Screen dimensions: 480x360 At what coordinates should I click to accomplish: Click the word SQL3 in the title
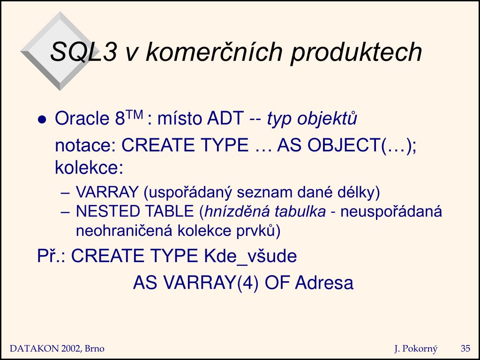(83, 52)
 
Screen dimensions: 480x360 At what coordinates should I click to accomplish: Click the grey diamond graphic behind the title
(60, 51)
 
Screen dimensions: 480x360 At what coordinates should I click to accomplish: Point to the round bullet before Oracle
(42, 119)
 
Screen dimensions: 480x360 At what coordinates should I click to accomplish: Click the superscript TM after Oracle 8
(134, 115)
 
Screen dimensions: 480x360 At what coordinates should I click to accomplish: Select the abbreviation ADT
(225, 118)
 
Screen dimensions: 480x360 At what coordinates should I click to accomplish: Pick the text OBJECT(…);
(362, 145)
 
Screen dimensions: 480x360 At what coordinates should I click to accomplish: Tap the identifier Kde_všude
(250, 256)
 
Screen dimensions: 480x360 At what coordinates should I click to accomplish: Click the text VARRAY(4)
(211, 283)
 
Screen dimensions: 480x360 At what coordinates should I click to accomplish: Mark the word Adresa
(324, 283)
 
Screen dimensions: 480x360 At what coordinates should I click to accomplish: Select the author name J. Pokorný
(416, 349)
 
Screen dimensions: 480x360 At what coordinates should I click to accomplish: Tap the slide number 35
(465, 348)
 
